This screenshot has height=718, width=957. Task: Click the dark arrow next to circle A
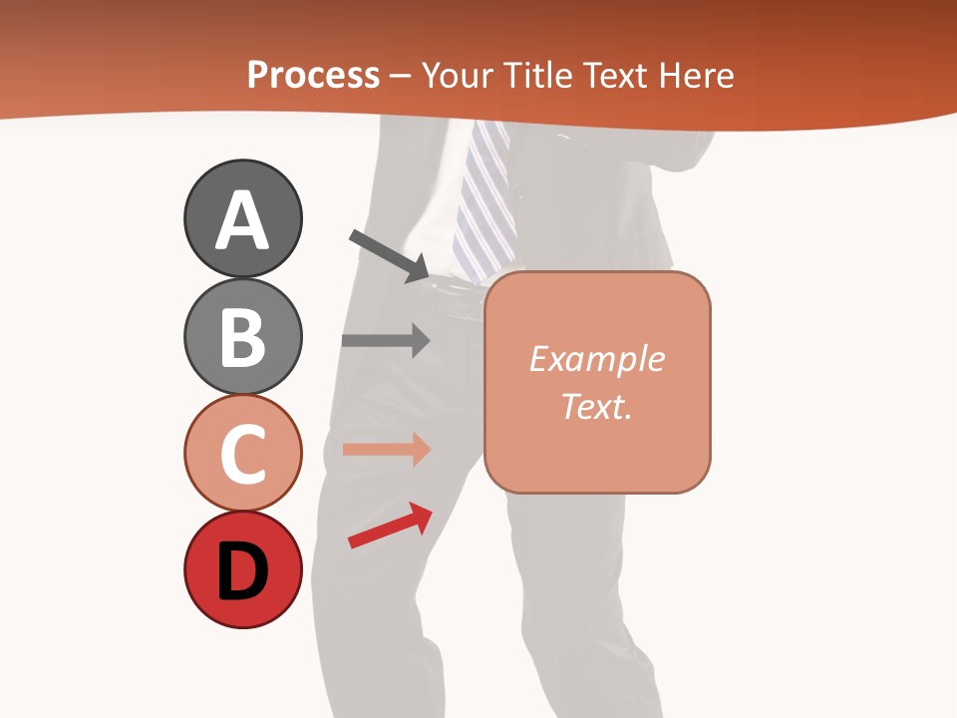(389, 255)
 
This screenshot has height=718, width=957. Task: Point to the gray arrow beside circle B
(385, 340)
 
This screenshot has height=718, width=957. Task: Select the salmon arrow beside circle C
(385, 450)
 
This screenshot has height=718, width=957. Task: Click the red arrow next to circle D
(390, 526)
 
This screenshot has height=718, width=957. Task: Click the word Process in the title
(313, 76)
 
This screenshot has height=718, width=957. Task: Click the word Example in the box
(596, 359)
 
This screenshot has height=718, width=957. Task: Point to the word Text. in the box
(596, 406)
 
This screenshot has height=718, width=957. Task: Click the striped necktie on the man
(485, 199)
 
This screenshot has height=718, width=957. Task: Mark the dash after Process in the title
(401, 77)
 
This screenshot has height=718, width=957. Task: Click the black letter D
(242, 573)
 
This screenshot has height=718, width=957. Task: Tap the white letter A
(242, 221)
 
